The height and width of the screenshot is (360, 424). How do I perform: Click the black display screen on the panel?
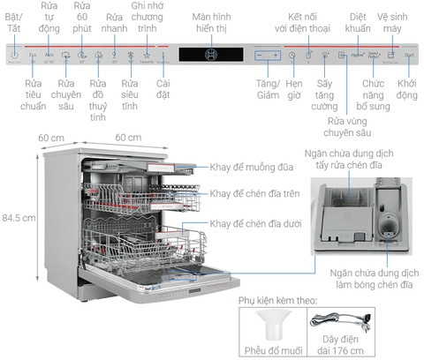pos(210,55)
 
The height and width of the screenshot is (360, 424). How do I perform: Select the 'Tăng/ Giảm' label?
pos(266,89)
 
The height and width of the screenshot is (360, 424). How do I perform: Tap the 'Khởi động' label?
pos(407,89)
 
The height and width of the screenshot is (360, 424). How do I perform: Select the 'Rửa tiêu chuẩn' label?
pos(34,89)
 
